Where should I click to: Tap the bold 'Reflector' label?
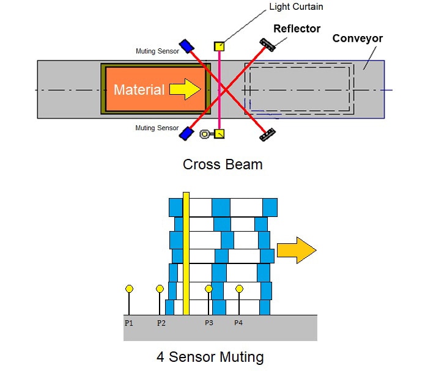(297, 29)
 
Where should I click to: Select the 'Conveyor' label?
(357, 39)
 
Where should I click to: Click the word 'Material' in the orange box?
(139, 90)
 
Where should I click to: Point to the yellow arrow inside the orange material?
(185, 90)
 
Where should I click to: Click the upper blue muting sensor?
(186, 46)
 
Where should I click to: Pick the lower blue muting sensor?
(186, 132)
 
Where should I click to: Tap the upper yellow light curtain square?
(219, 46)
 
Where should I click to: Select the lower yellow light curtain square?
(219, 133)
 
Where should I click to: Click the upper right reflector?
(267, 44)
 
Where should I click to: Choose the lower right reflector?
(267, 134)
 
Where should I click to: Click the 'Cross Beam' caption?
(222, 164)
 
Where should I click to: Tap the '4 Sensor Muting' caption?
(210, 356)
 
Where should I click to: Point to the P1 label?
(129, 323)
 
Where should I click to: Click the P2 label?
(161, 323)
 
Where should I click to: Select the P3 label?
(209, 323)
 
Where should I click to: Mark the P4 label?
(238, 323)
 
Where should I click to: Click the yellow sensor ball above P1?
(129, 288)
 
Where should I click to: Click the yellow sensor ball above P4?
(239, 288)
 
